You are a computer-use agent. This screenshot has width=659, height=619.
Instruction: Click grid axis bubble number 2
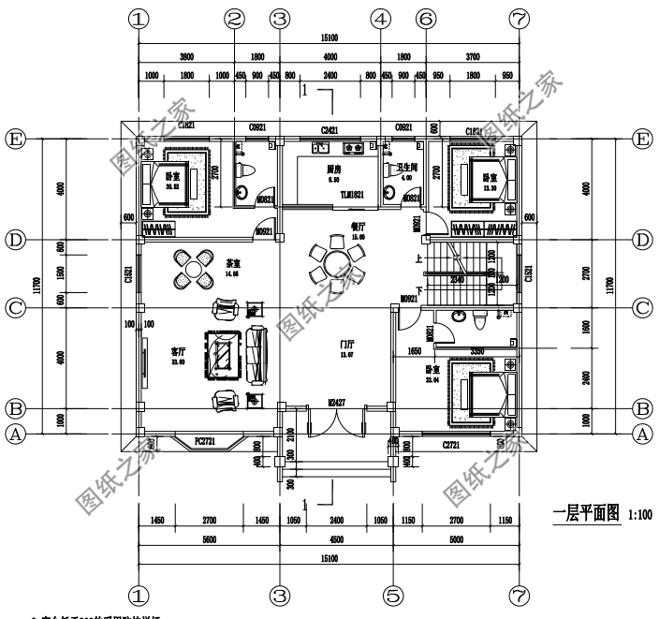point(235,18)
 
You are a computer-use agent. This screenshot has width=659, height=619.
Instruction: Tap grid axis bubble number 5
point(394,594)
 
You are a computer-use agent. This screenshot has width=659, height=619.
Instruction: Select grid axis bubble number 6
point(425,18)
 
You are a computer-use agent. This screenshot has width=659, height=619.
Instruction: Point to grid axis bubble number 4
point(379,18)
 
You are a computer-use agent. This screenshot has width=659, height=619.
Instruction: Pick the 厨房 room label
point(332,170)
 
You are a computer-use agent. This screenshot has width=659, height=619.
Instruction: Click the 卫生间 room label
point(405,168)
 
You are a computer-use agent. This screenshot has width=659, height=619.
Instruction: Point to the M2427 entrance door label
point(335,403)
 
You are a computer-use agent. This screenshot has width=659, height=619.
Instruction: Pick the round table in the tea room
point(191,269)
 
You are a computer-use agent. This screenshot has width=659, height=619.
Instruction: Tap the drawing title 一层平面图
point(586,514)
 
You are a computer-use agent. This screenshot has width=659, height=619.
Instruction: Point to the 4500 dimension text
point(335,538)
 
